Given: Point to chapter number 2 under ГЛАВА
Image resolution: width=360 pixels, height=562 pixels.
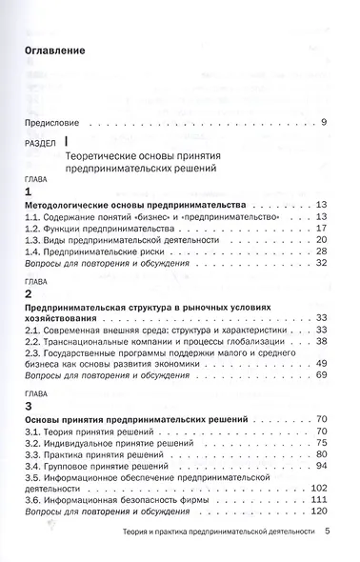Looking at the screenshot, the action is (28, 296).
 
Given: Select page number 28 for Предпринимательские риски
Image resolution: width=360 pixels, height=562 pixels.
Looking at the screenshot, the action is (321, 251).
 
